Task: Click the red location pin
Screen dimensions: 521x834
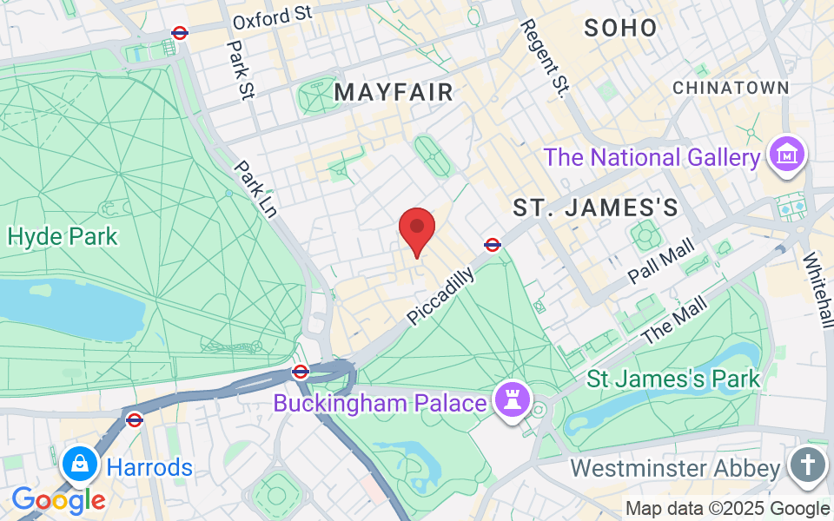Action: click(417, 228)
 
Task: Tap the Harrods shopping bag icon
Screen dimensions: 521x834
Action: click(79, 464)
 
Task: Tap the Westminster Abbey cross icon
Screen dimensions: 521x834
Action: click(807, 465)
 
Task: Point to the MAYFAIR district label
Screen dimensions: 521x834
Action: click(394, 92)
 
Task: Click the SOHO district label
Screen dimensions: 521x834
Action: click(620, 28)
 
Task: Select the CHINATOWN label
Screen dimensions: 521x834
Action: click(731, 88)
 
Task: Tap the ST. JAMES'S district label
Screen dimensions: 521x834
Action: click(595, 208)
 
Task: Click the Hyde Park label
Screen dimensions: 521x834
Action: click(62, 236)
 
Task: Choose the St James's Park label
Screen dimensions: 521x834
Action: click(673, 379)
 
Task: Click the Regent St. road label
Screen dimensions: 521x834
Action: click(543, 59)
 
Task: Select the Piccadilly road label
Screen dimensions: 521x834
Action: click(440, 297)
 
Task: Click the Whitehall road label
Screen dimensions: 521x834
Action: click(817, 290)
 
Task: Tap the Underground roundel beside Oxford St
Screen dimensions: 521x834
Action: click(180, 33)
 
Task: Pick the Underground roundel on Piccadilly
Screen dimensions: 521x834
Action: click(492, 244)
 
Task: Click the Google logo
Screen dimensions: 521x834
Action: click(58, 500)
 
